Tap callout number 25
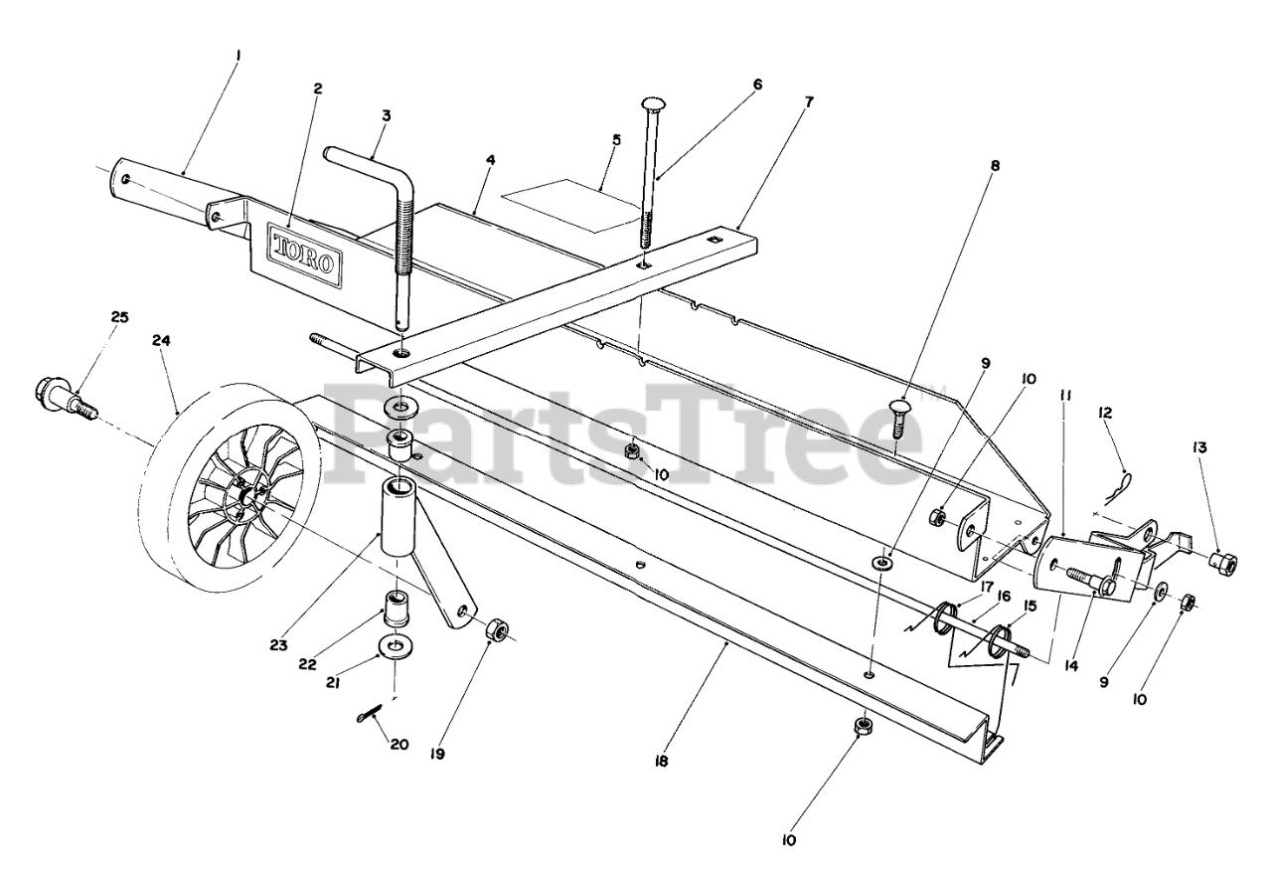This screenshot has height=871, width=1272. click(119, 317)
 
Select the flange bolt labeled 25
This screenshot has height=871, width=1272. click(66, 395)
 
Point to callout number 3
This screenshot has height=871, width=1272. click(386, 115)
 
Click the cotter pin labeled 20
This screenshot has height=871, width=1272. click(370, 711)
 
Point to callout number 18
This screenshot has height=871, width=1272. click(662, 762)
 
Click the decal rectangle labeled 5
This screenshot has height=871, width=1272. click(568, 205)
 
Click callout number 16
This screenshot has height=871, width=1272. click(1004, 596)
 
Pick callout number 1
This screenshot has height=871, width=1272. click(238, 57)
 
